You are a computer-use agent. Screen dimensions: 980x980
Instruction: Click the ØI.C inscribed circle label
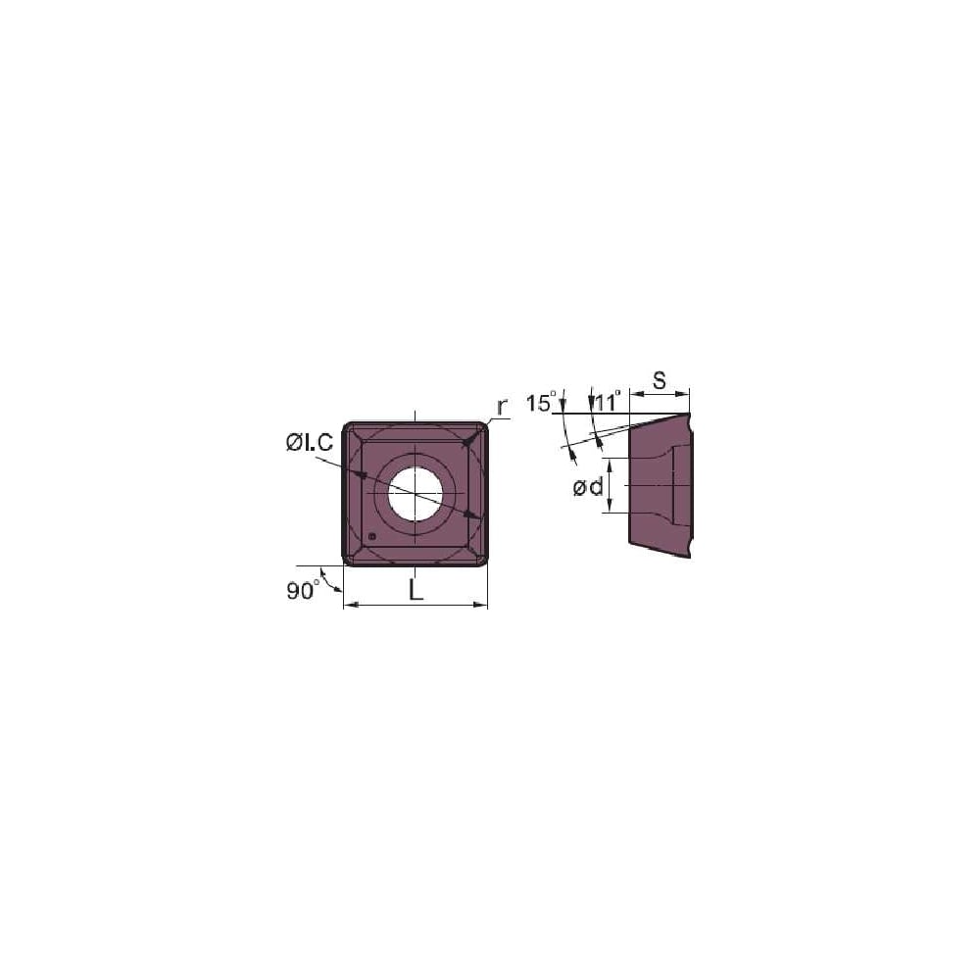(x=310, y=443)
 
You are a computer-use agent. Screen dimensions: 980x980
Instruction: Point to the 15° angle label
(x=540, y=402)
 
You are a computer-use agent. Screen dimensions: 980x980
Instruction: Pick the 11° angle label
(x=606, y=402)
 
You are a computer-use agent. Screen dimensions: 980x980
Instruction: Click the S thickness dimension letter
(x=660, y=381)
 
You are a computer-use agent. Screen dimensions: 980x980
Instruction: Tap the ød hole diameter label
(x=588, y=486)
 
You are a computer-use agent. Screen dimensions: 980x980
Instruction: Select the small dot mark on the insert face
(x=372, y=537)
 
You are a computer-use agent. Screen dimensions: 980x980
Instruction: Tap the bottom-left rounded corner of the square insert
(x=347, y=560)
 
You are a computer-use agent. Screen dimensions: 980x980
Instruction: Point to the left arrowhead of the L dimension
(x=349, y=607)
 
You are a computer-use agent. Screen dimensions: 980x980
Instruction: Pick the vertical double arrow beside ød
(x=611, y=485)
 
